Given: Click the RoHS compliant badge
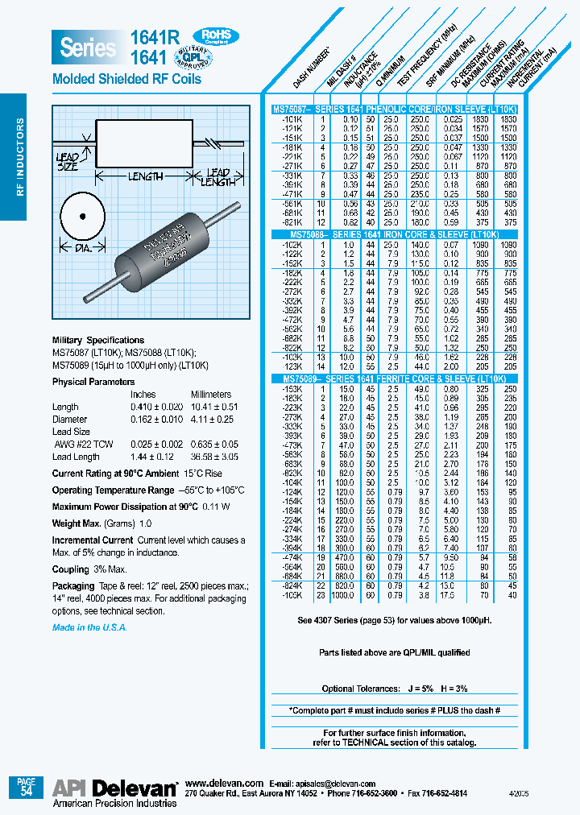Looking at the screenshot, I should pyautogui.click(x=216, y=35).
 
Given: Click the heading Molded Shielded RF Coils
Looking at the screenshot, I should pyautogui.click(x=126, y=80).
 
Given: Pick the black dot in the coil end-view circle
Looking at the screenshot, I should pyautogui.click(x=82, y=216).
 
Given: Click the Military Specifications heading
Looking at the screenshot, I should pyautogui.click(x=98, y=341).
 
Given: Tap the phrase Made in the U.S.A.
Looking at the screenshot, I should pyautogui.click(x=89, y=627).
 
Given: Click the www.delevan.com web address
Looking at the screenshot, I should pyautogui.click(x=224, y=784).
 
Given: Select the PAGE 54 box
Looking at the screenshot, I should pyautogui.click(x=26, y=787).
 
